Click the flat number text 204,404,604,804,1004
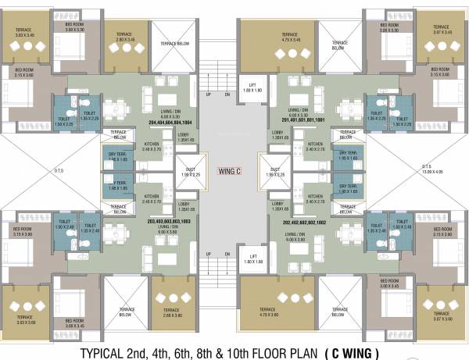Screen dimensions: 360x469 coord(159,123)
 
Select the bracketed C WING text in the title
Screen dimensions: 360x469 coord(366,351)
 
